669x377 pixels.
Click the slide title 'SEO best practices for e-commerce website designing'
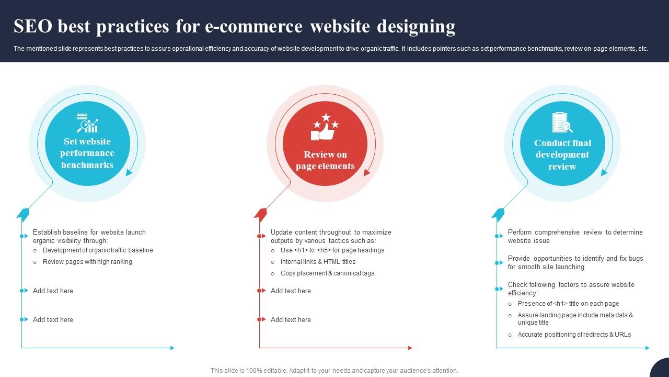click(234, 26)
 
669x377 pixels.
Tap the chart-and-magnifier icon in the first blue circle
click(87, 123)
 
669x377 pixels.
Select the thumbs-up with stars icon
click(325, 127)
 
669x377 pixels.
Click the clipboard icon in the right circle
click(562, 123)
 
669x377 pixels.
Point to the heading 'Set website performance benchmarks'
click(87, 153)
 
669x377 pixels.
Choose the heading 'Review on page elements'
click(325, 160)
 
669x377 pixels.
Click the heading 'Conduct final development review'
click(562, 155)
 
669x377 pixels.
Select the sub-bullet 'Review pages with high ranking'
click(87, 262)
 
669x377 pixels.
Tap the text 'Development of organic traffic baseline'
click(98, 250)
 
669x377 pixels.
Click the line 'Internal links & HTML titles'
click(318, 262)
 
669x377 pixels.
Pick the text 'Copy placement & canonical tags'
click(327, 273)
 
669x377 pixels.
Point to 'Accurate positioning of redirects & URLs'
click(574, 335)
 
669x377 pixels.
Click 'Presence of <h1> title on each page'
click(568, 304)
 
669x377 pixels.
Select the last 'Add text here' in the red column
click(291, 320)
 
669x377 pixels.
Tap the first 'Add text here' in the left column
click(53, 291)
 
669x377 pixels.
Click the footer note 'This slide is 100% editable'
click(334, 371)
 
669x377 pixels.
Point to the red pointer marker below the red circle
click(260, 214)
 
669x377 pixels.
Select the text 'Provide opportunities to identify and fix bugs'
click(575, 259)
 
